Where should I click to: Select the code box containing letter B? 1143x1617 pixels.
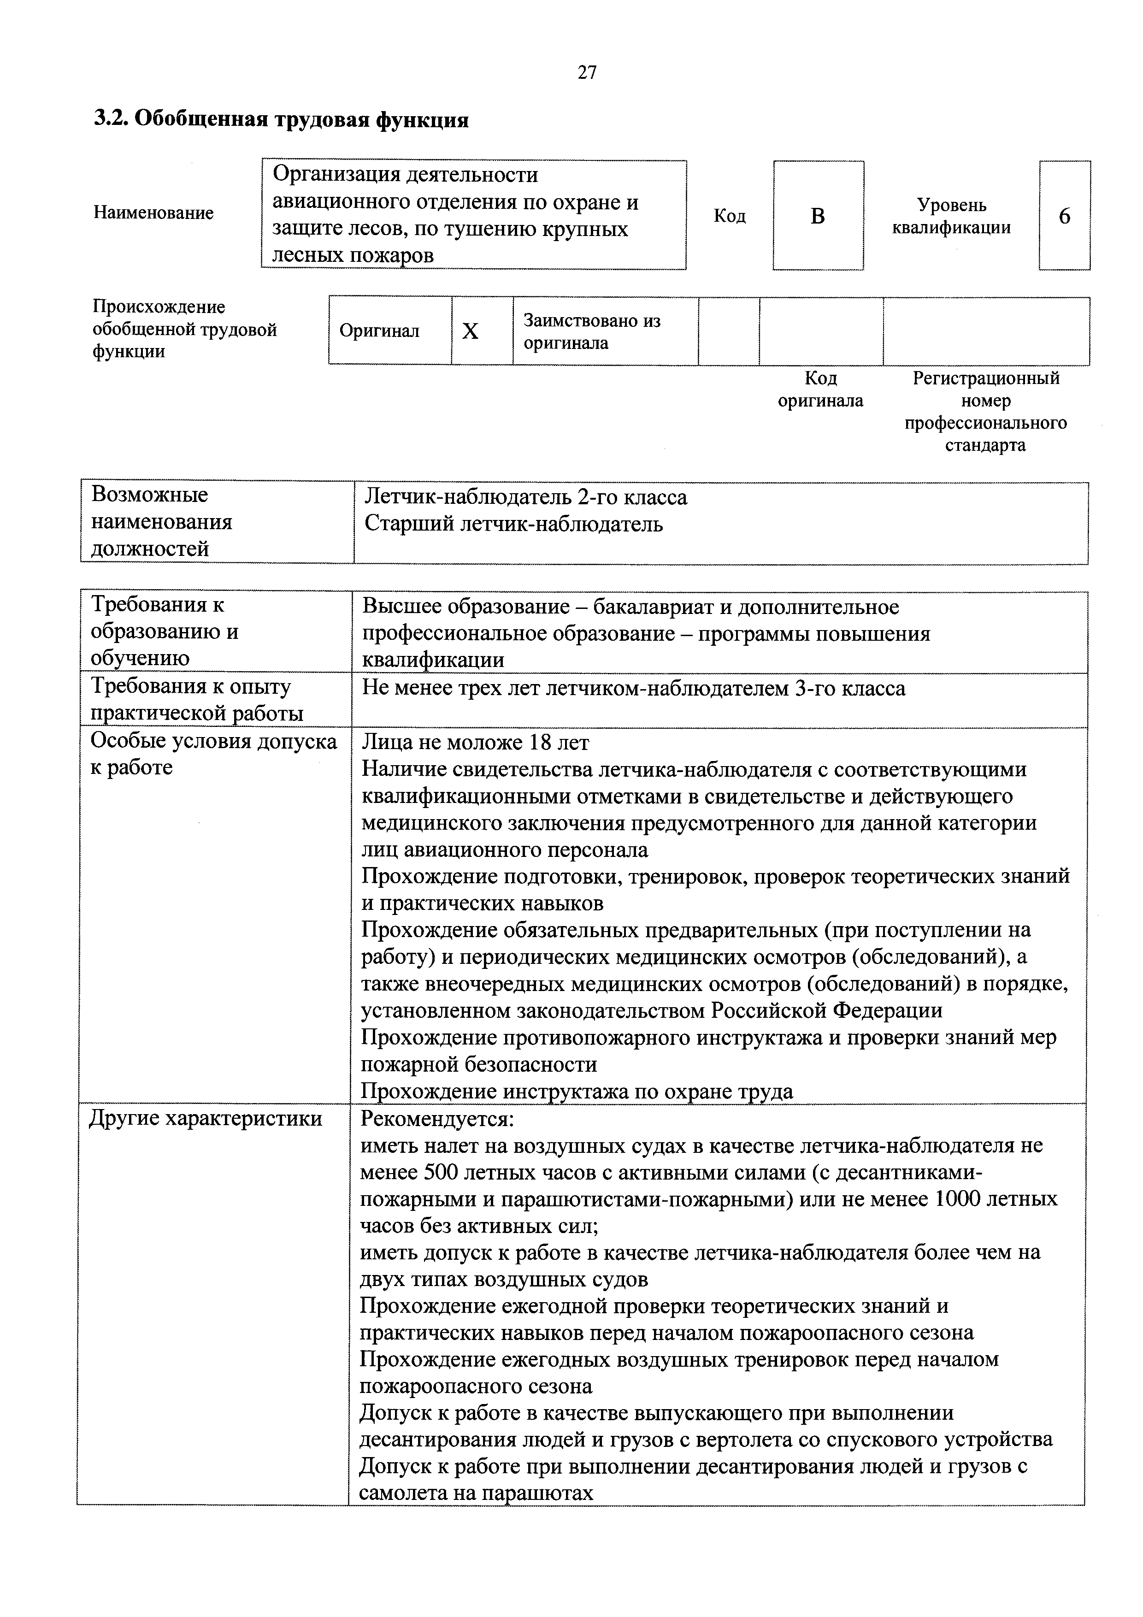click(817, 216)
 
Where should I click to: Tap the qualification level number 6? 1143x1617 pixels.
click(1064, 216)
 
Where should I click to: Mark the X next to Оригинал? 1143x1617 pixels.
click(471, 331)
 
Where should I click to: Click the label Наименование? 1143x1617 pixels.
click(153, 212)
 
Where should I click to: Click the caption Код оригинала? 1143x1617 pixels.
click(820, 389)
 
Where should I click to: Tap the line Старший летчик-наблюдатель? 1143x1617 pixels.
click(513, 525)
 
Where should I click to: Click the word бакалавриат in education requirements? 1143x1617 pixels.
click(659, 607)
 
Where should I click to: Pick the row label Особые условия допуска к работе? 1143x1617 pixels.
click(213, 754)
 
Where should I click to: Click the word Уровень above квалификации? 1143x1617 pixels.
click(951, 206)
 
